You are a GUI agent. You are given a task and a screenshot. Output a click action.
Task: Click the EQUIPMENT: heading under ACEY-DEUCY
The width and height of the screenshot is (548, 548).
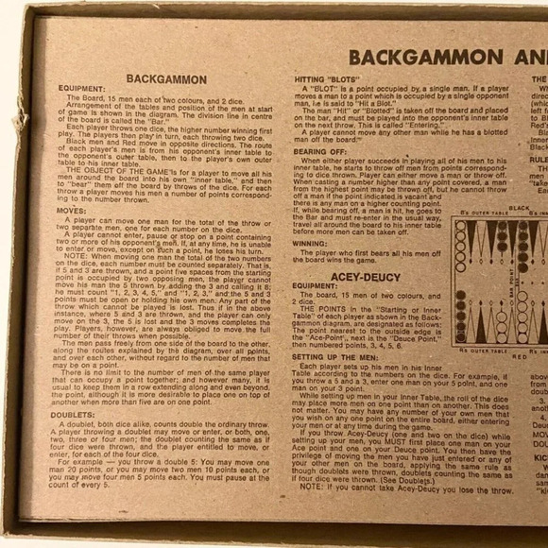pyautogui.click(x=315, y=284)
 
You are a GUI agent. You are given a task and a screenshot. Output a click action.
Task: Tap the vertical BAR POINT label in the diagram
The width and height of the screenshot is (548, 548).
pyautogui.click(x=511, y=283)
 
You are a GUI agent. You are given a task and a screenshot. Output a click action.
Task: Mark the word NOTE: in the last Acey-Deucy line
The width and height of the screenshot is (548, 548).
pyautogui.click(x=313, y=491)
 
